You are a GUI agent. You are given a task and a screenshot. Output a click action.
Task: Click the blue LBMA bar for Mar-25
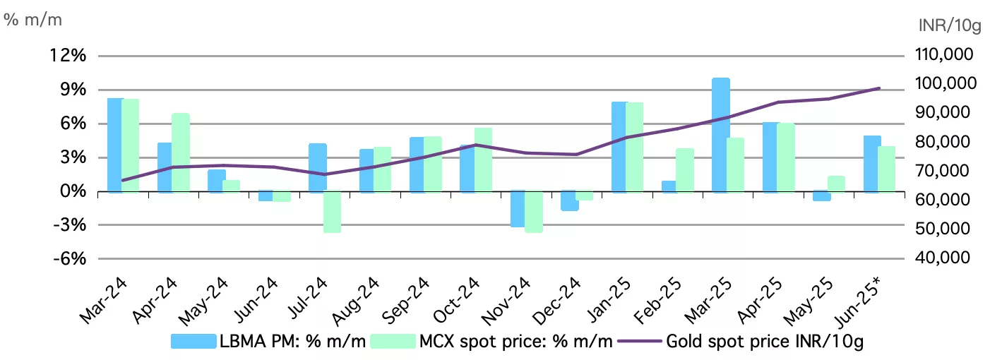point(720,135)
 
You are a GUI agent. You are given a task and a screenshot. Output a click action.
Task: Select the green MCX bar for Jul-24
point(332,212)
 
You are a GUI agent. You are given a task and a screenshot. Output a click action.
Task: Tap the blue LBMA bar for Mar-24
point(114,145)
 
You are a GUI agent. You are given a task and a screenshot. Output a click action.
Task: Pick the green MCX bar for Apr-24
point(181,152)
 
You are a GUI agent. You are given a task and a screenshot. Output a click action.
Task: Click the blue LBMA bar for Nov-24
point(517,209)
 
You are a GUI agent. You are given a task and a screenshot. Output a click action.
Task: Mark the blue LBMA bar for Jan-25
point(619,147)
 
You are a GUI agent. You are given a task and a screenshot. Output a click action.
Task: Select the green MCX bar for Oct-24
point(483,160)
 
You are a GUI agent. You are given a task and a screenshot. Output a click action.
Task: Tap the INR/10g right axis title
point(950,26)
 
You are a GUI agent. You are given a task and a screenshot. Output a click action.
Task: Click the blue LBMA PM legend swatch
point(193,342)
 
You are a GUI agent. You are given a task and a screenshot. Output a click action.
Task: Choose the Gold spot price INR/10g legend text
point(765,342)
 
